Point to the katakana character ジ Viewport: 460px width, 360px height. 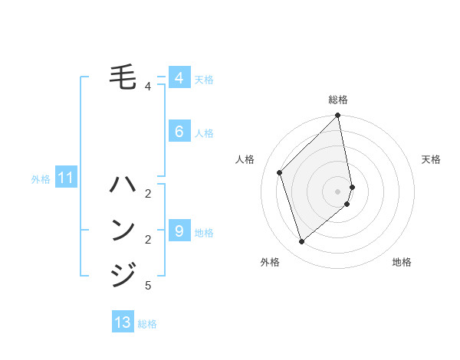124,273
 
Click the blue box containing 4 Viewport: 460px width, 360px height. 179,78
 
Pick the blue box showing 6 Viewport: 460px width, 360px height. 179,132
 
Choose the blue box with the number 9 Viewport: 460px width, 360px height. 179,231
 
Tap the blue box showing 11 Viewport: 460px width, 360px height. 65,178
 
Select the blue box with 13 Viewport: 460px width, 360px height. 123,322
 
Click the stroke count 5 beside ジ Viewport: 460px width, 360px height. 148,286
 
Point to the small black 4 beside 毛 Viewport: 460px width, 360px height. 148,87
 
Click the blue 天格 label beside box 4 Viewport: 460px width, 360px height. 204,80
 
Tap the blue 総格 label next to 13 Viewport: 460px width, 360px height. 147,324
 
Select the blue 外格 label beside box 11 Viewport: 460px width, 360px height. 41,180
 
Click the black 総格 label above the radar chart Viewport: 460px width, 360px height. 338,100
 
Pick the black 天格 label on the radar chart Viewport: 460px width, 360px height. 431,159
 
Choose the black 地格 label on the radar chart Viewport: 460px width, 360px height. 402,262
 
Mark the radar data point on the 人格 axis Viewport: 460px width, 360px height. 280,172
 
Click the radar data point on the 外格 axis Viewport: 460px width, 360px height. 302,241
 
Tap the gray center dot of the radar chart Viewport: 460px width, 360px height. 338,191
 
